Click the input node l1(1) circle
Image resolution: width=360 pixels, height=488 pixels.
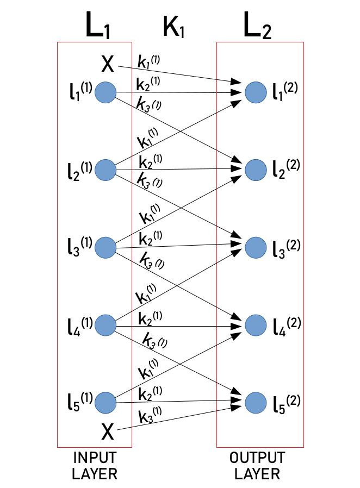(105, 93)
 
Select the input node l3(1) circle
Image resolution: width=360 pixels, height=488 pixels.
(105, 248)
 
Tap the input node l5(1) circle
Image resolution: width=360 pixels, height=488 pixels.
(105, 403)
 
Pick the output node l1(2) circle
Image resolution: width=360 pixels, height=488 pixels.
(256, 93)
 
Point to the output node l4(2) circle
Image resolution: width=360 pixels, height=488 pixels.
(256, 325)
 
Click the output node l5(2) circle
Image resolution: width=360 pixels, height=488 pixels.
(256, 403)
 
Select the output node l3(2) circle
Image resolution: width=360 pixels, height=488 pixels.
(256, 248)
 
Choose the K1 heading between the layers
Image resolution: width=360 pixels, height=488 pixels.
(174, 26)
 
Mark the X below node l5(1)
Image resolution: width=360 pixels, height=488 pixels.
(108, 433)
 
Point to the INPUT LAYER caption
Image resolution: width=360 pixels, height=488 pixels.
(94, 465)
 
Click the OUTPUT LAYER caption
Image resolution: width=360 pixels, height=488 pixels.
(257, 465)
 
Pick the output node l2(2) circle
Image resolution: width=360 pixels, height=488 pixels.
(256, 170)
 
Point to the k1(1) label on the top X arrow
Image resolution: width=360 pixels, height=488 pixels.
(148, 61)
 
